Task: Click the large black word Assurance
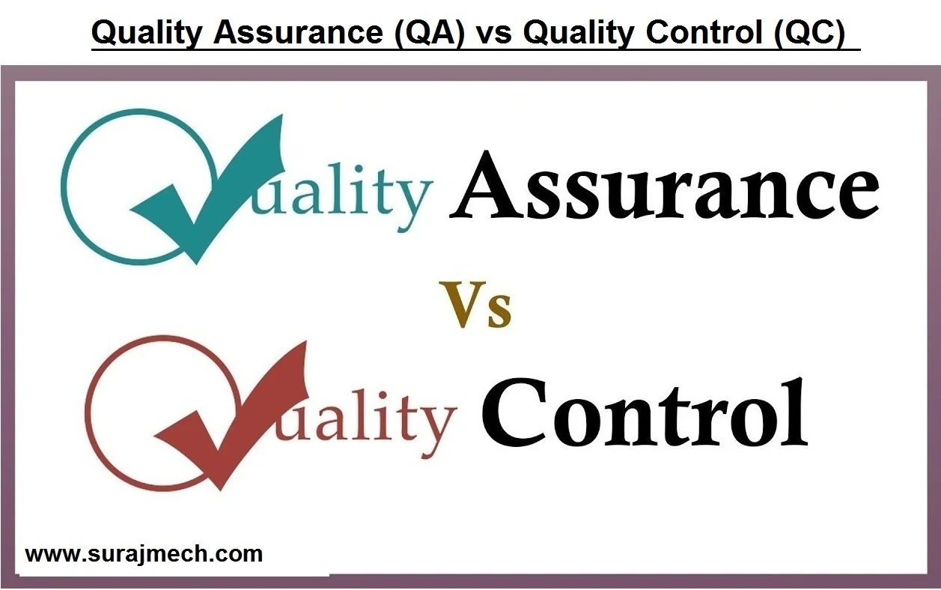pos(664,186)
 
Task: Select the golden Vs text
pos(476,305)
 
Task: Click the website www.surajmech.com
pos(144,555)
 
